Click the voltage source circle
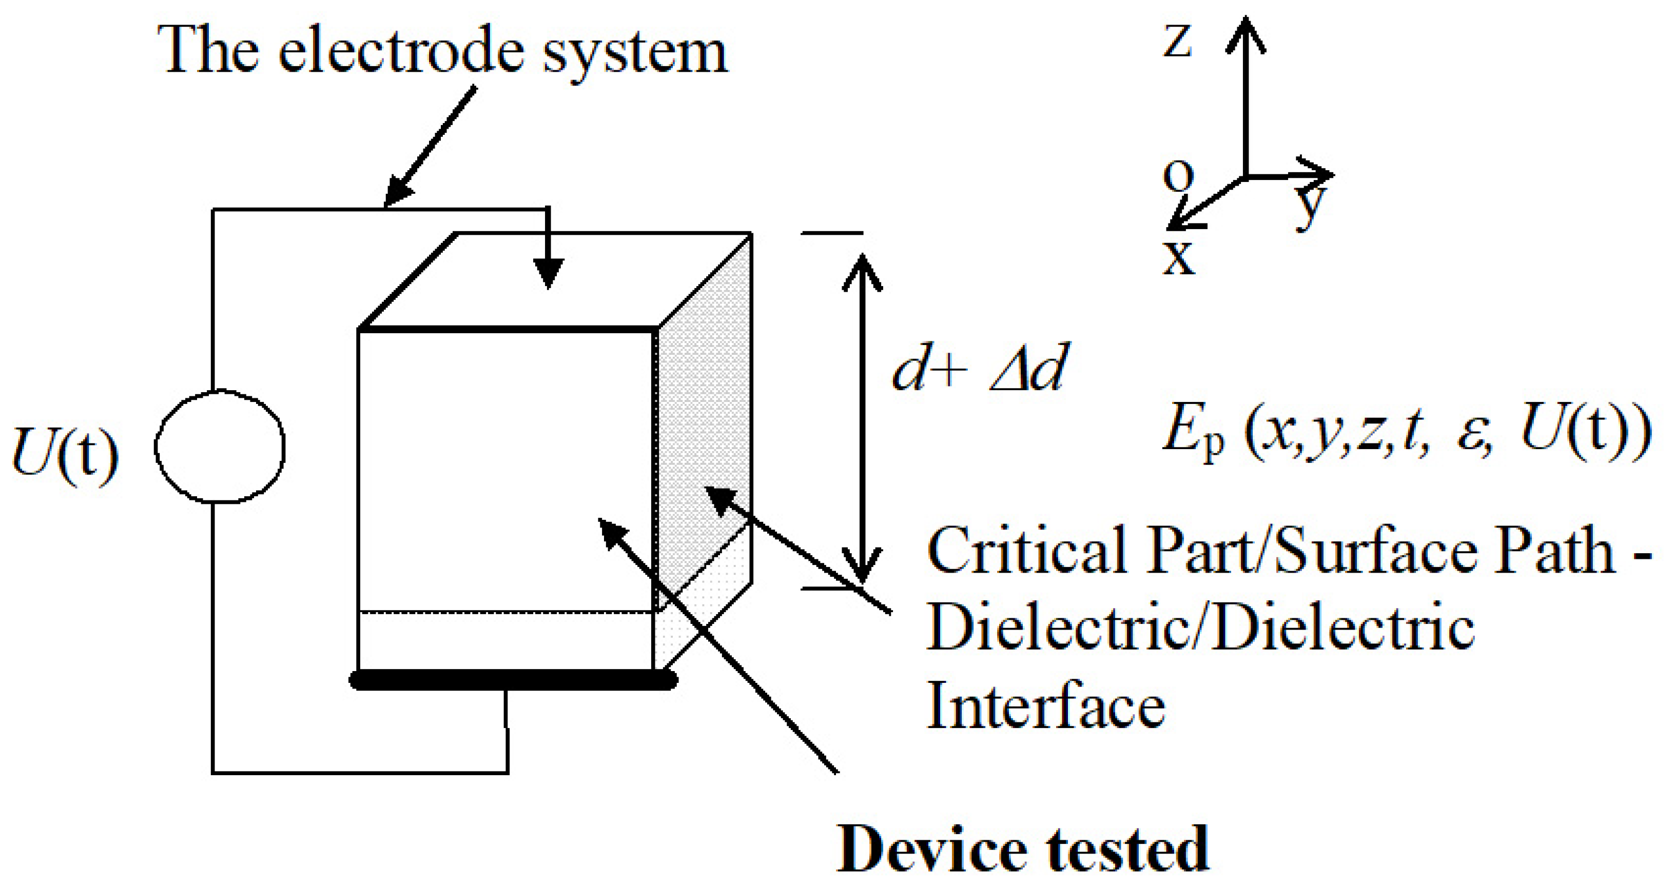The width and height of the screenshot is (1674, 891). click(220, 446)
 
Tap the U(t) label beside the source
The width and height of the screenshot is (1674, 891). click(65, 453)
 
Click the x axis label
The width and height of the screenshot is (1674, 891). click(1178, 258)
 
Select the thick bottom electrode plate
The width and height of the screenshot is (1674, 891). click(513, 680)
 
